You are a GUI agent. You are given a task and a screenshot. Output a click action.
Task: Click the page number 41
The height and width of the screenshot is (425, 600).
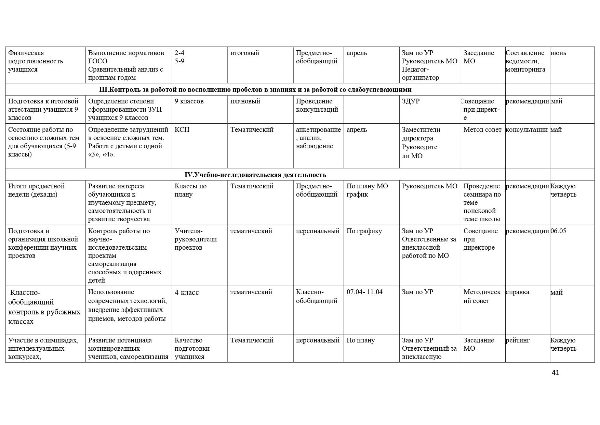coord(556,373)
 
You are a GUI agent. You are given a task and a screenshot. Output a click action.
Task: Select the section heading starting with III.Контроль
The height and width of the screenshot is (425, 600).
coord(255,89)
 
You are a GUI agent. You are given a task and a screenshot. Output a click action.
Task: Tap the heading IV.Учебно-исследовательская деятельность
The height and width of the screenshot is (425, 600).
coord(255,175)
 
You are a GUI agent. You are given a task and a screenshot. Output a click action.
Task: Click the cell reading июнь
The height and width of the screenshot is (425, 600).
coord(558,53)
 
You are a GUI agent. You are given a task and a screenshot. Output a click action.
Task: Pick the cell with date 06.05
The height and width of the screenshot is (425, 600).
coord(558,231)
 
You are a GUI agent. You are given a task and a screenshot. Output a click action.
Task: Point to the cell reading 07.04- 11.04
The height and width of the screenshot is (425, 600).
coord(364,292)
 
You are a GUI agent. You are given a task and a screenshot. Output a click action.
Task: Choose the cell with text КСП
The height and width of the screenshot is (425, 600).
coord(182,130)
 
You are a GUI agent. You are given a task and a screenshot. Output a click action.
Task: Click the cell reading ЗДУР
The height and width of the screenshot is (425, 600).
coord(411,101)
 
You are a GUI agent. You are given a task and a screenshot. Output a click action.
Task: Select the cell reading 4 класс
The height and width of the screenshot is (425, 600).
coord(187,292)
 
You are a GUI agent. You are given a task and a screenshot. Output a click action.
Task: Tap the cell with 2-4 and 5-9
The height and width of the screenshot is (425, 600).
coord(180,57)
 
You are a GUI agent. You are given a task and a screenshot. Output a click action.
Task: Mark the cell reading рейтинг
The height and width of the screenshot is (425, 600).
coord(518,340)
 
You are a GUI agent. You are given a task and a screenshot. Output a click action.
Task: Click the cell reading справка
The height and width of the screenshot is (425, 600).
coord(517,292)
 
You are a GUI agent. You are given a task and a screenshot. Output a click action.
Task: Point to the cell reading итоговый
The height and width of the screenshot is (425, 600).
coord(245,53)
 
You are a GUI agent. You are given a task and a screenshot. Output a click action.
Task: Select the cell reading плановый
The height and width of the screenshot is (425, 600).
coord(245,101)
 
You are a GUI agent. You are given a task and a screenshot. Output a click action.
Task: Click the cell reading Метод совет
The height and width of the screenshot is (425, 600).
coord(482,130)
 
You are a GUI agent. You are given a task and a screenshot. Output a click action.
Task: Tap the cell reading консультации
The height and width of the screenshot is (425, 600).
coord(526,130)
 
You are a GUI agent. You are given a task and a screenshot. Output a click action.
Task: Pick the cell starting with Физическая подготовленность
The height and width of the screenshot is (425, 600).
coord(36,61)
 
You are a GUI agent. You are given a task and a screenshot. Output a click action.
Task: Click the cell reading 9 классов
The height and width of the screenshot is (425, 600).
coord(189,101)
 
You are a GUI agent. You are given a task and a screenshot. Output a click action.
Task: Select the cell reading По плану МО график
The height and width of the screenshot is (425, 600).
coord(367,190)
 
